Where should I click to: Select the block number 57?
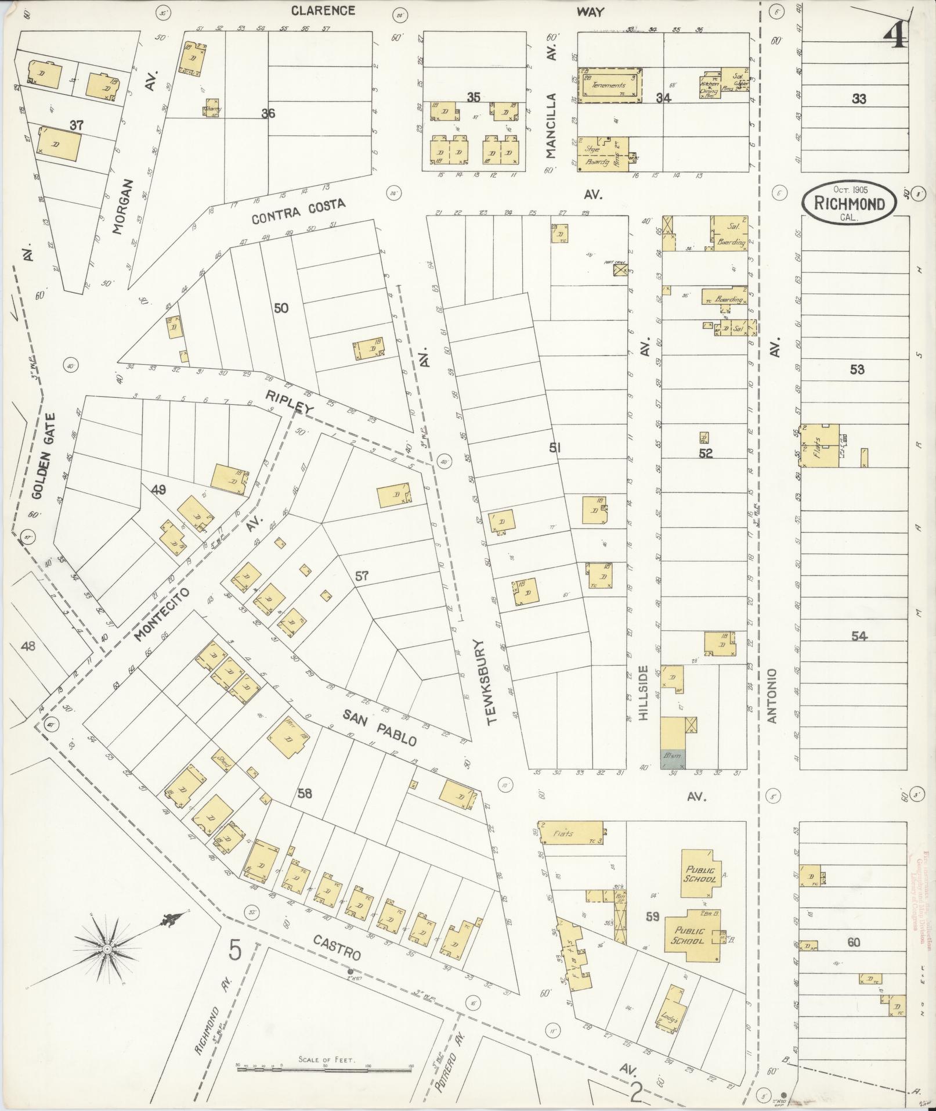(x=362, y=576)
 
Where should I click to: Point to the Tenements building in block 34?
(x=610, y=85)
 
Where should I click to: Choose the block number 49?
(x=158, y=490)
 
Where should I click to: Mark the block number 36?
(x=268, y=113)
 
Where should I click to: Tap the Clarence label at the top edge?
(x=323, y=10)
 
